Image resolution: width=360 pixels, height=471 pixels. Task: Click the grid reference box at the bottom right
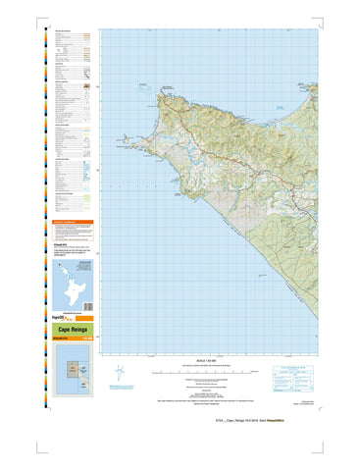click(296, 376)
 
